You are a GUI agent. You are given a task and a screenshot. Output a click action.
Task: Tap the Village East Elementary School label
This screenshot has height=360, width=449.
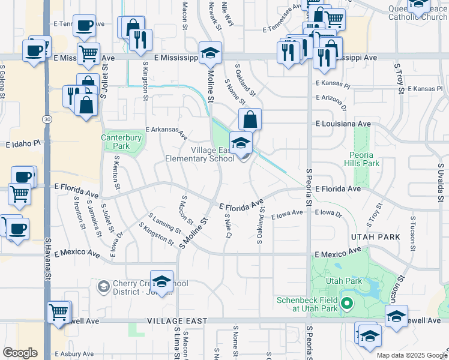click(x=200, y=155)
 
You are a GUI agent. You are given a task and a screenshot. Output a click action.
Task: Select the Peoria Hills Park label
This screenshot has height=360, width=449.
click(x=363, y=159)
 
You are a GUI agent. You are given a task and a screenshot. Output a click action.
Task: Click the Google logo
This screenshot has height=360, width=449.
click(x=20, y=352)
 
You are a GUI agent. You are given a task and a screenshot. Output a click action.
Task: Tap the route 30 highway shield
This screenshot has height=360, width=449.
click(x=46, y=119)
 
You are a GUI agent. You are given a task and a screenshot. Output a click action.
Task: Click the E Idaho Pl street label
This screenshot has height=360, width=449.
click(x=23, y=145)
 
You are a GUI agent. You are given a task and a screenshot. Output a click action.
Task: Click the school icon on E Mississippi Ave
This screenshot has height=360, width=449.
click(x=210, y=53)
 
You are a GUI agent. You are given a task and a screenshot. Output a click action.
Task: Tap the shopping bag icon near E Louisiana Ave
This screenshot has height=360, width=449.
click(x=250, y=119)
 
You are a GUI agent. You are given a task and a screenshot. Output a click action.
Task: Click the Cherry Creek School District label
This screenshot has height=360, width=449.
click(x=138, y=286)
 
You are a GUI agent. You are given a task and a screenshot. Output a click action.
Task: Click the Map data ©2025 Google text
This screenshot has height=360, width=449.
click(x=411, y=355)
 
